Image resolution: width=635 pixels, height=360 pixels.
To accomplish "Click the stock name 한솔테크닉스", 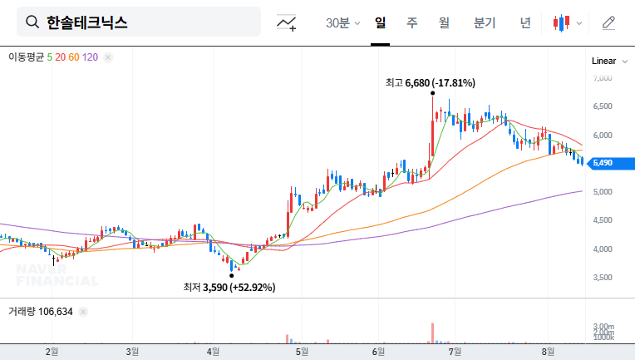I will tap(87, 22).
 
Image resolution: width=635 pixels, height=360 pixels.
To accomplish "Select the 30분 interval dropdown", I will tap(342, 22).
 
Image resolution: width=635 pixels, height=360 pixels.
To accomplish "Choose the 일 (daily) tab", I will tap(381, 22).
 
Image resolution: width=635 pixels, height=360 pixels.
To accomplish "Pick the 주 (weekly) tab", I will tap(412, 22).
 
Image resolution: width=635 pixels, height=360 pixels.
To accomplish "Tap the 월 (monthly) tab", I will tap(444, 22).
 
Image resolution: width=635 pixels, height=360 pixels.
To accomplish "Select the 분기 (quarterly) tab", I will tap(484, 22).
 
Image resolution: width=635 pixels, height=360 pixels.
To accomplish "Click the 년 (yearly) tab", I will tap(525, 22).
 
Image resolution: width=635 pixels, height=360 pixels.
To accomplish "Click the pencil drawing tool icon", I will tap(608, 22).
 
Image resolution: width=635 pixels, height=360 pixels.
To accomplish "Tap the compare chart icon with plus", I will tap(287, 22).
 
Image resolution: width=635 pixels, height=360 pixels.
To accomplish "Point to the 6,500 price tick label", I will tap(602, 106).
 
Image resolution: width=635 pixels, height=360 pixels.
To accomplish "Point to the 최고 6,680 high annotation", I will tap(430, 82).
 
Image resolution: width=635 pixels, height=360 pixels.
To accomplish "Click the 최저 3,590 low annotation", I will tap(229, 287).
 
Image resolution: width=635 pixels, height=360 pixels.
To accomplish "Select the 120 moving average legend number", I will tap(91, 57).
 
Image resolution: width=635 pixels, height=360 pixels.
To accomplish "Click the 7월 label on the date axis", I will tap(455, 352).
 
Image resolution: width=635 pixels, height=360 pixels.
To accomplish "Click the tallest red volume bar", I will tap(433, 332).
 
